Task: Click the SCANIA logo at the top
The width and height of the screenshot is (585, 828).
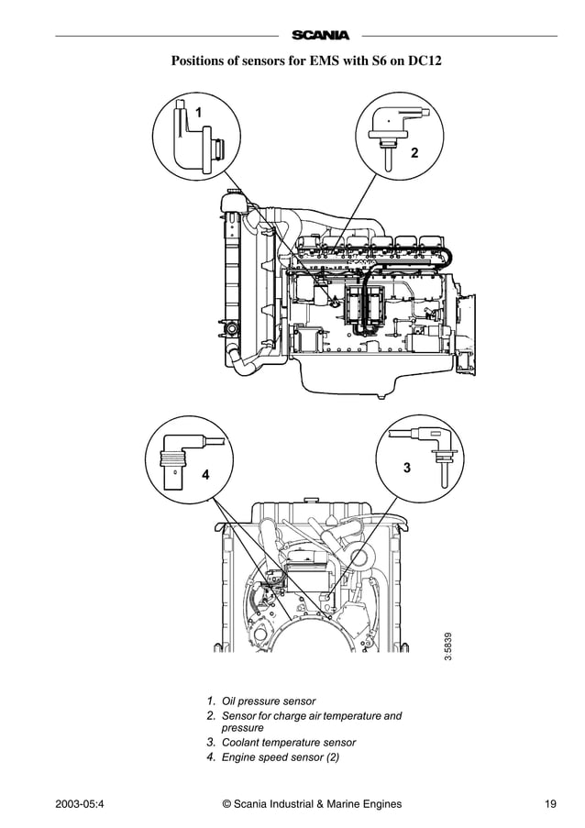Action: pyautogui.click(x=320, y=36)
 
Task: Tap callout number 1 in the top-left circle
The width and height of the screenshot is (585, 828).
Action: pyautogui.click(x=198, y=112)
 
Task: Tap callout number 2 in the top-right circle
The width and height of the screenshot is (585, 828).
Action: pyautogui.click(x=414, y=152)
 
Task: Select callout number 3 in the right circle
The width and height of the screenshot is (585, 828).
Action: pyautogui.click(x=406, y=468)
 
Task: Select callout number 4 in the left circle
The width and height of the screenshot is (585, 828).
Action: pyautogui.click(x=205, y=475)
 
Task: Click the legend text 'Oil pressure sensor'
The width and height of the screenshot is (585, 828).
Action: pyautogui.click(x=268, y=701)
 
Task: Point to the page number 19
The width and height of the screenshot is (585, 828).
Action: pyautogui.click(x=550, y=805)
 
